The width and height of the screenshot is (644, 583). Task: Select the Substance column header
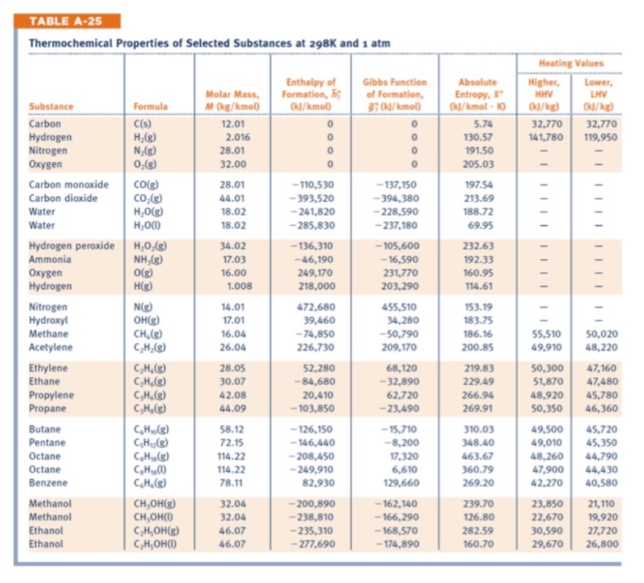(51, 107)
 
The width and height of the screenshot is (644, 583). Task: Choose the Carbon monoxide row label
(68, 185)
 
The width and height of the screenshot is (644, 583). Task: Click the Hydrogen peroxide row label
(71, 246)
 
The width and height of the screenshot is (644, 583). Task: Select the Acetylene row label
(48, 348)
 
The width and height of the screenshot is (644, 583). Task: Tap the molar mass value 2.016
(237, 137)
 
